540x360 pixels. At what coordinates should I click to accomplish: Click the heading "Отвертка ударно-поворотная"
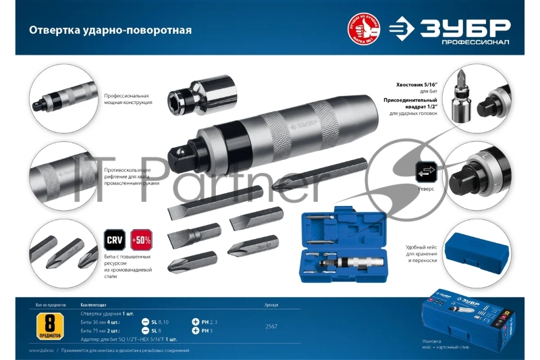pos(109,31)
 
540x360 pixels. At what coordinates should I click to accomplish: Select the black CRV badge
pos(115,241)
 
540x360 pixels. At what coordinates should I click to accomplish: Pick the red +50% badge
pos(142,241)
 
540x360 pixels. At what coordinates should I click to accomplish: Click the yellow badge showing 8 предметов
pos(51,324)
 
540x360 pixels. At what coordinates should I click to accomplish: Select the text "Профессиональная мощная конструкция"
pos(128,99)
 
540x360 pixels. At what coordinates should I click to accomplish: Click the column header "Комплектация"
pos(94,304)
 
